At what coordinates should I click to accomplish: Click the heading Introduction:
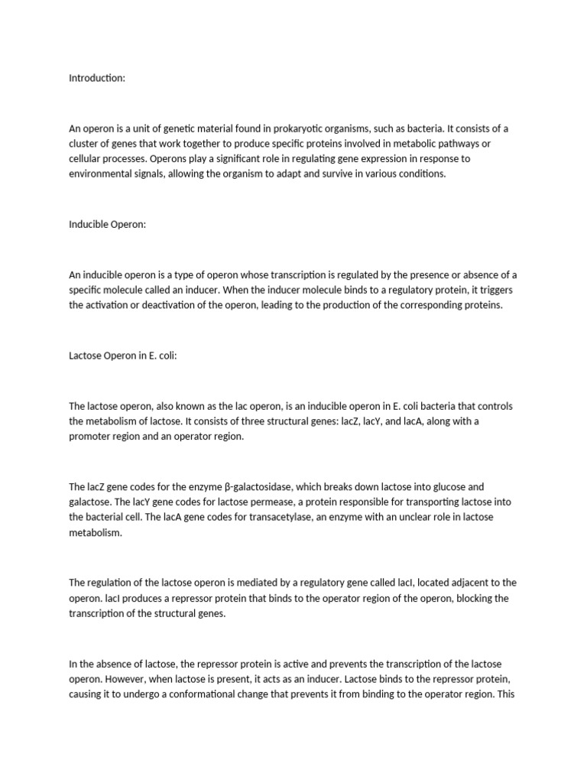97,78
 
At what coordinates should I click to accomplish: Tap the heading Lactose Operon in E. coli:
123,356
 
